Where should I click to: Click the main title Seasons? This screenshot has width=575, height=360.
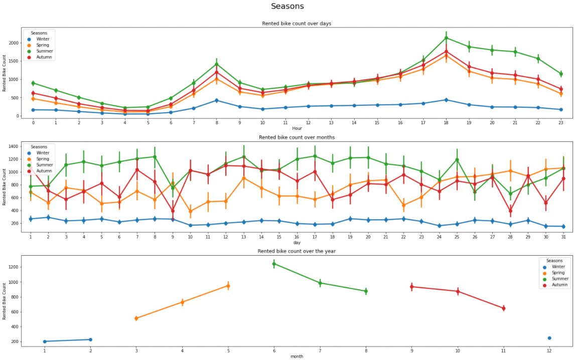tap(287, 7)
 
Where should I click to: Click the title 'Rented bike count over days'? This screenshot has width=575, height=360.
tap(297, 24)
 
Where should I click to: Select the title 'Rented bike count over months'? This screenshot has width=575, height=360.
tap(297, 137)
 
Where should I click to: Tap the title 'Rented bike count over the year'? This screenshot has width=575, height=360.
tap(297, 251)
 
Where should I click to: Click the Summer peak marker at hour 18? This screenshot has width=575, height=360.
tap(446, 38)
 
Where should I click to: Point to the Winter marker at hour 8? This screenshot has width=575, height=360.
tap(216, 100)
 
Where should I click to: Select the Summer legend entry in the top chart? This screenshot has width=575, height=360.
tap(44, 51)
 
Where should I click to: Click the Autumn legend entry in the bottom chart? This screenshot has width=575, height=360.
tap(557, 285)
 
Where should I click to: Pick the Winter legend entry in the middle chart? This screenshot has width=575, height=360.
tap(43, 153)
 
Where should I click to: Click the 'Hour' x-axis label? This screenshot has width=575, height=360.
tap(297, 128)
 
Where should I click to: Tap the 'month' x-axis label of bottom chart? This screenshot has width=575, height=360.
tap(297, 356)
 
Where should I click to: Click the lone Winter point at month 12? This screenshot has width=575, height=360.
tap(549, 338)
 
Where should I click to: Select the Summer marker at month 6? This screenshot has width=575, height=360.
tap(274, 264)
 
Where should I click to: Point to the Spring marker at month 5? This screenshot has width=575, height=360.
tap(228, 286)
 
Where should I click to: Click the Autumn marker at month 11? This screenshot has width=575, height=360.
tap(503, 308)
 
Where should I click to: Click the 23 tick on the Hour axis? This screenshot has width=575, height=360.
tap(561, 122)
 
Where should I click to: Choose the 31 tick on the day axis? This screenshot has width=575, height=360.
tap(563, 236)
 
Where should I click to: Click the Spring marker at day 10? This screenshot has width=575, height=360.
tap(190, 211)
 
